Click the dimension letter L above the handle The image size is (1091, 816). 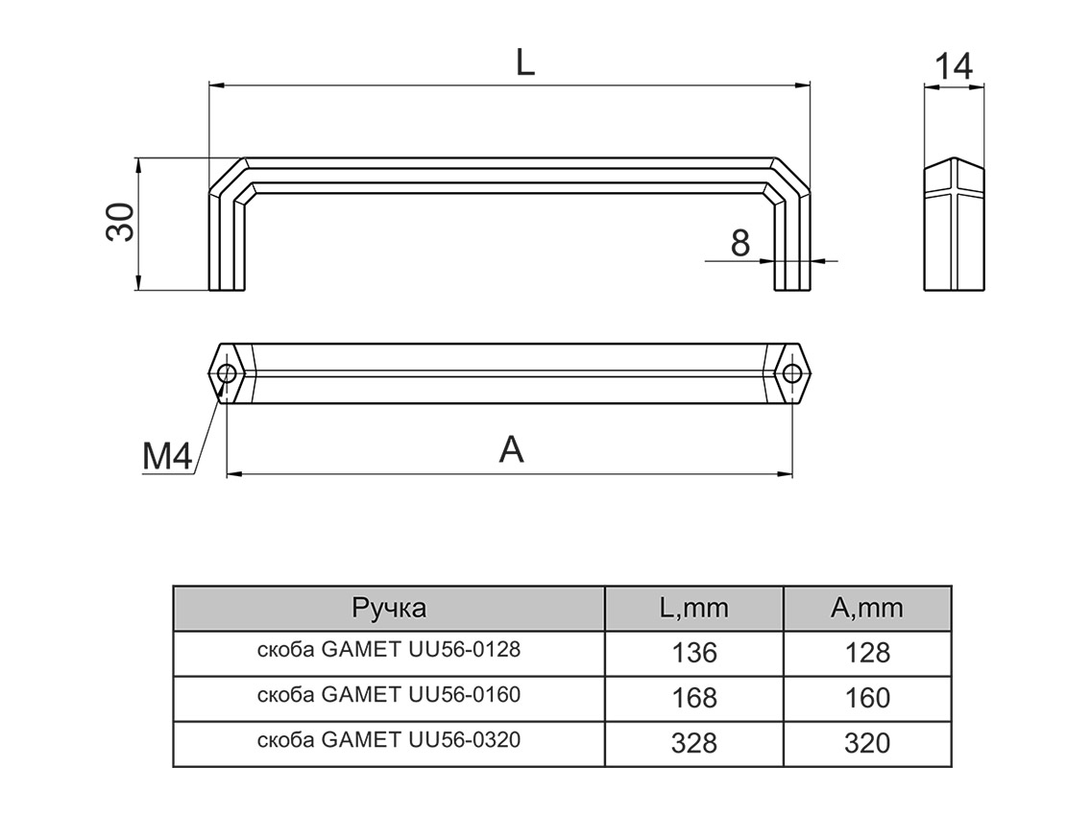tap(523, 62)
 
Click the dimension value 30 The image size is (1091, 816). tap(122, 224)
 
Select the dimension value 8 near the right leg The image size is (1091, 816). tap(739, 243)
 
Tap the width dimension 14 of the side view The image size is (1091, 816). tap(954, 66)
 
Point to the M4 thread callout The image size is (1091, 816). tap(167, 458)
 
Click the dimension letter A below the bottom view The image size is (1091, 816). tap(512, 449)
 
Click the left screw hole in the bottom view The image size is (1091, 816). tap(228, 373)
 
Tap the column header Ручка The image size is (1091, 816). tap(389, 608)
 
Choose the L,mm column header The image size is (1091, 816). tap(694, 608)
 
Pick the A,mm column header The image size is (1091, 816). tap(867, 608)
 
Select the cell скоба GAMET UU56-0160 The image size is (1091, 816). tap(389, 695)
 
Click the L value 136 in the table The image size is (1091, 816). tap(694, 653)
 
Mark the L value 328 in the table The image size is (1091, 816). tap(694, 743)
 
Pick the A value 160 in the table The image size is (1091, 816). tap(868, 698)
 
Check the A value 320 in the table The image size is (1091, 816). tap(868, 743)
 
